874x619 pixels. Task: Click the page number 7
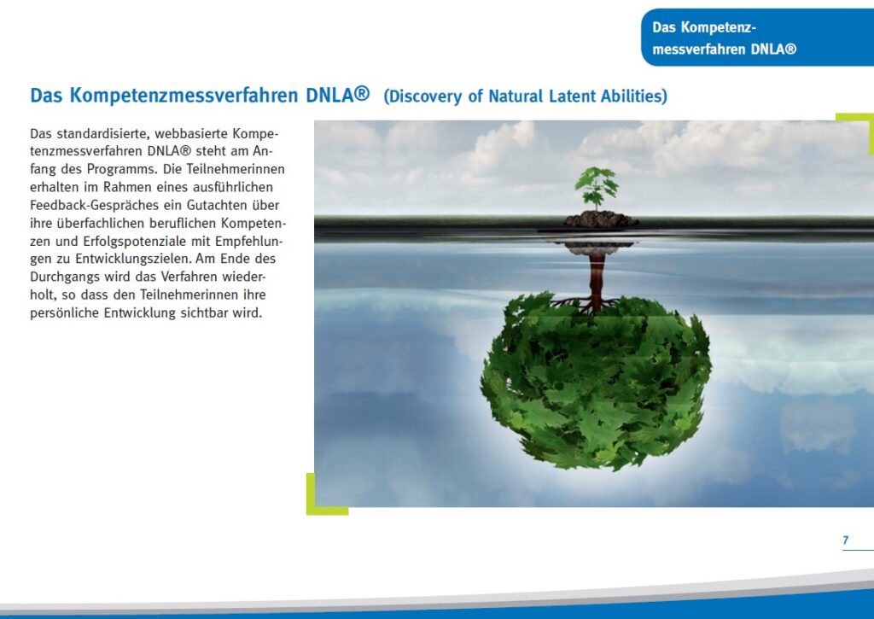[846, 540]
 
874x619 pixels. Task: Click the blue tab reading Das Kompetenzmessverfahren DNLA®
[758, 38]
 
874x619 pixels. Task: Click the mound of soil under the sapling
[600, 219]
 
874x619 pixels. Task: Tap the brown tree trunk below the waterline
[597, 279]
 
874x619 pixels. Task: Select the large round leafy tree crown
[596, 382]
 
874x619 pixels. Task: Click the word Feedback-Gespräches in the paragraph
[94, 205]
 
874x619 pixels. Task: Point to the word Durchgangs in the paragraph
[65, 277]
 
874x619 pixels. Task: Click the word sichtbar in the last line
[203, 312]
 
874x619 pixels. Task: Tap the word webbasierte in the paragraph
[190, 134]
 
